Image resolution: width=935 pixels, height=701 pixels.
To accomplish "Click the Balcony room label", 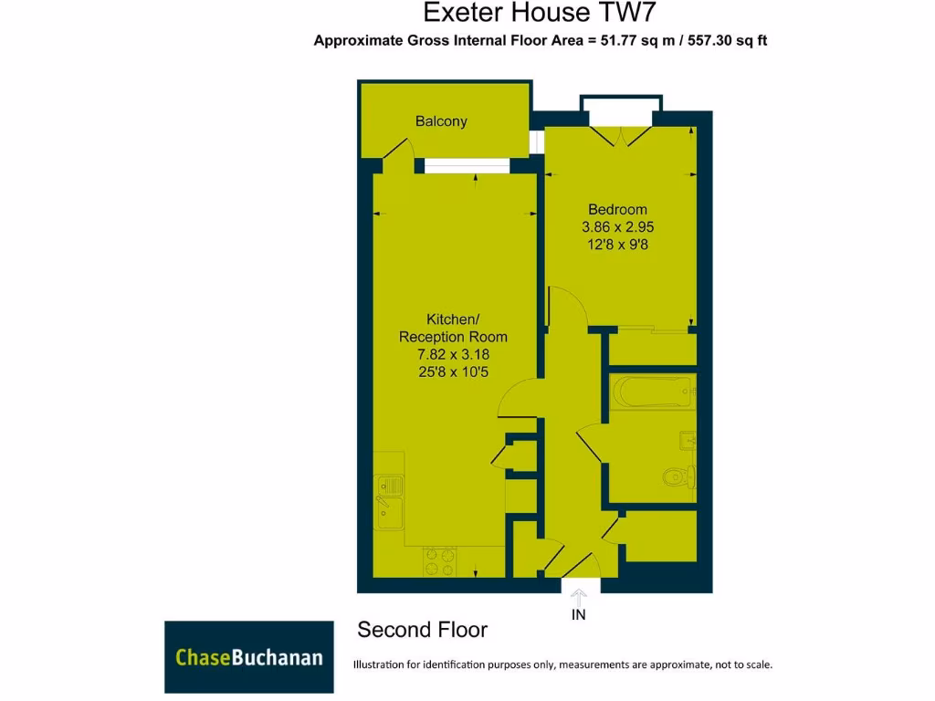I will click(441, 121).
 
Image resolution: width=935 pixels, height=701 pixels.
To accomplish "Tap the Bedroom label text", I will click(617, 210).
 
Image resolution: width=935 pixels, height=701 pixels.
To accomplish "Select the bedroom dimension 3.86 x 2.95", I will click(617, 227).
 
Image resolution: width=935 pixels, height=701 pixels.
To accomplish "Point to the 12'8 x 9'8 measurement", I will click(617, 245).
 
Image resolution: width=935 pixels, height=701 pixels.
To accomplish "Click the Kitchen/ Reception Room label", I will click(453, 328).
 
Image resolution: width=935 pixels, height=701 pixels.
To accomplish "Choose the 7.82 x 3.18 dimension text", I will click(453, 354).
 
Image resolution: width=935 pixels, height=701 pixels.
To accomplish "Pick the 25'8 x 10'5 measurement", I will click(453, 371).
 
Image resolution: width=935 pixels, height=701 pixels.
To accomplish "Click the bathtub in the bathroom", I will click(652, 393).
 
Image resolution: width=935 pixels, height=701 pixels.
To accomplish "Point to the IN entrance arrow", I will click(579, 596).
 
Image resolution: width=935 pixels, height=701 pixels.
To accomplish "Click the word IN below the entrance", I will click(579, 615).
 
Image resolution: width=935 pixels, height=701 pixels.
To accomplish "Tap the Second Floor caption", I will click(422, 630).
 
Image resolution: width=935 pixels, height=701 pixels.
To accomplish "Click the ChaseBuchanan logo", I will click(248, 657).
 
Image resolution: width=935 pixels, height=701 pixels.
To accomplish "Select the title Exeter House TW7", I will click(539, 13).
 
